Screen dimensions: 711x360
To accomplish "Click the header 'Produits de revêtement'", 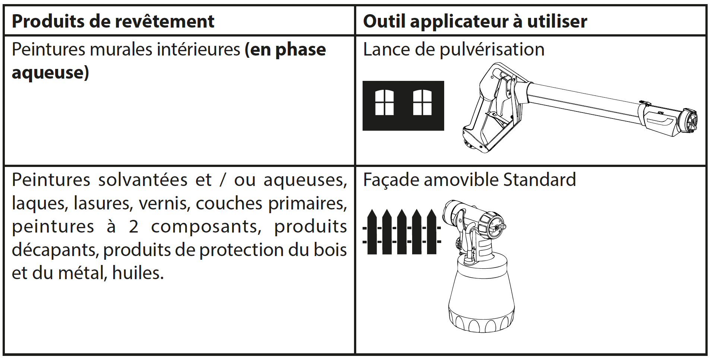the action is (113, 21).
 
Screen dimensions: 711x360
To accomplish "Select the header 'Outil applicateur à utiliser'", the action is (475, 21).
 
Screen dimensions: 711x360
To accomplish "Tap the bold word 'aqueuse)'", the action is (50, 73).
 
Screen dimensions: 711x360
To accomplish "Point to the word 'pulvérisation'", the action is (492, 50).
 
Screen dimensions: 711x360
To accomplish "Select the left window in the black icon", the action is (384, 102).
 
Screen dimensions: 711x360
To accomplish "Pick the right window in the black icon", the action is (423, 102).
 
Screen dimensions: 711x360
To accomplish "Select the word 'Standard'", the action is (539, 180).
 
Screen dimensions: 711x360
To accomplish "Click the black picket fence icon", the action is (402, 232).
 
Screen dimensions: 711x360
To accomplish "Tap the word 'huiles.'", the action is (138, 273).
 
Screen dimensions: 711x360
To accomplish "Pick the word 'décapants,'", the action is (55, 250).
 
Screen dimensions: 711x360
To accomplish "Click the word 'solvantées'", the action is (143, 180).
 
